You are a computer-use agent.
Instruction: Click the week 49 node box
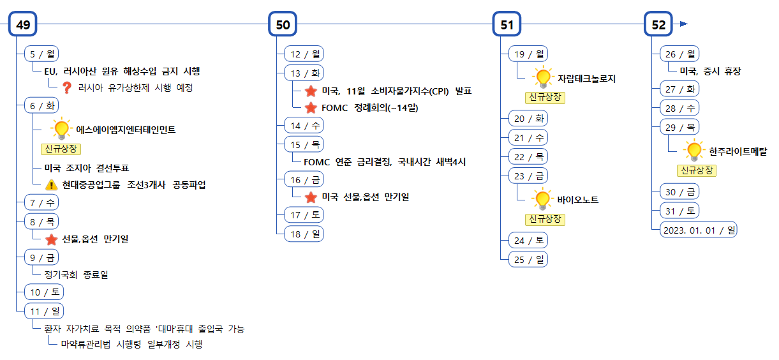[24, 24]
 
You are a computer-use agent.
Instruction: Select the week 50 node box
[283, 24]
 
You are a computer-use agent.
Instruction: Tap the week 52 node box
[658, 24]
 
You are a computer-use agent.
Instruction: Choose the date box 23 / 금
[528, 176]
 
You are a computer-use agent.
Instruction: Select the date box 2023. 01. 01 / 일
[698, 229]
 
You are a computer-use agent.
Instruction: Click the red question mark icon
[66, 88]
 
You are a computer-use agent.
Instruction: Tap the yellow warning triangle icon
[52, 185]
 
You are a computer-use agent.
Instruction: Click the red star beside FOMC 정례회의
[311, 108]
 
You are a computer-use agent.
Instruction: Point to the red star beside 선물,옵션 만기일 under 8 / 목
[52, 239]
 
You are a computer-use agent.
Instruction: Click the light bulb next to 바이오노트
[542, 199]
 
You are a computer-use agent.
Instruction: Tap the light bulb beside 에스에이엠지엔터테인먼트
[61, 129]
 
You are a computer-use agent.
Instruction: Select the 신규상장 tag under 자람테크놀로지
[544, 97]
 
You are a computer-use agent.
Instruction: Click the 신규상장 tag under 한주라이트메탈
[697, 170]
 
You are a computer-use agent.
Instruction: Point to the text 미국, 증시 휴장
[710, 71]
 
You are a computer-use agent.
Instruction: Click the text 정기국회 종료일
[76, 274]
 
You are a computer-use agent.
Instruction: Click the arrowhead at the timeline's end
[683, 24]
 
